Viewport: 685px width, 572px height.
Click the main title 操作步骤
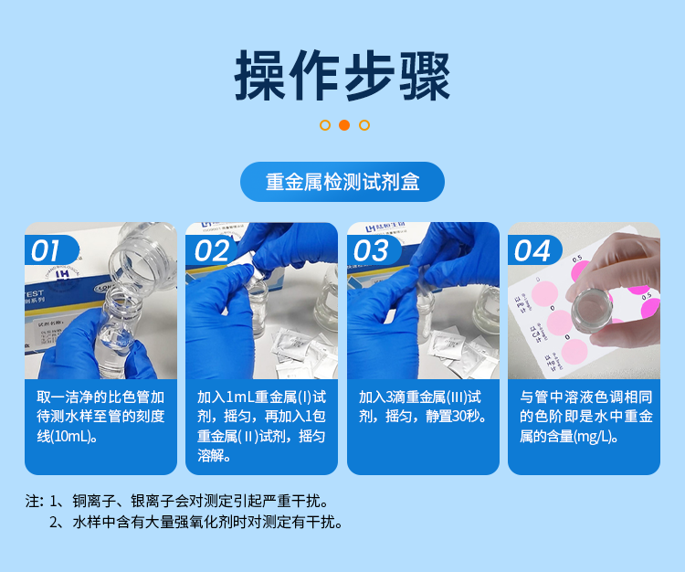[342, 74]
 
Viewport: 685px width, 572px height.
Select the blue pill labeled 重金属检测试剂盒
[342, 181]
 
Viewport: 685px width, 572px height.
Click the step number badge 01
[47, 250]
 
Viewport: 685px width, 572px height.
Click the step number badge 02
[210, 250]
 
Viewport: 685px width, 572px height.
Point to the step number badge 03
[372, 250]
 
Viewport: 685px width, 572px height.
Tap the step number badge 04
[532, 250]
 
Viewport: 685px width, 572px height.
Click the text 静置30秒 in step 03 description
[454, 417]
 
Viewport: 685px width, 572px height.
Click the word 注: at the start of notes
[35, 502]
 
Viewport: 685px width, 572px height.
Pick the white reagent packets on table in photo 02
[301, 352]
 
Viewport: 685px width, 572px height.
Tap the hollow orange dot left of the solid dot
[324, 125]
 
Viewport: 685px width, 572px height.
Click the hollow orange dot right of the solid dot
[364, 125]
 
